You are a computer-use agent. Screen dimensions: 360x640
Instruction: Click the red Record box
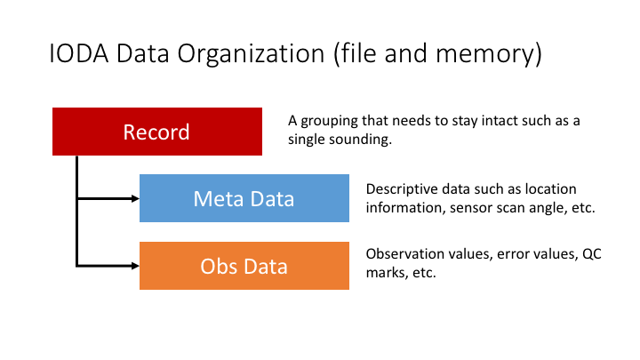157,132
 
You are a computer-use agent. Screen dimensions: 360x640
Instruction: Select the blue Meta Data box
244,198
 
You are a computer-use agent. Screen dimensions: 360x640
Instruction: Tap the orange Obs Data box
244,265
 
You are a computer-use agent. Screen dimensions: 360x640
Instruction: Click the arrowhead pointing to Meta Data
133,198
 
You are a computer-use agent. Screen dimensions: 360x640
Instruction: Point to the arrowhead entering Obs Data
133,265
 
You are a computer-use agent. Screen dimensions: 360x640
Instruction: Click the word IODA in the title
78,54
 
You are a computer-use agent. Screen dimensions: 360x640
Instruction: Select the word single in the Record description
308,140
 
